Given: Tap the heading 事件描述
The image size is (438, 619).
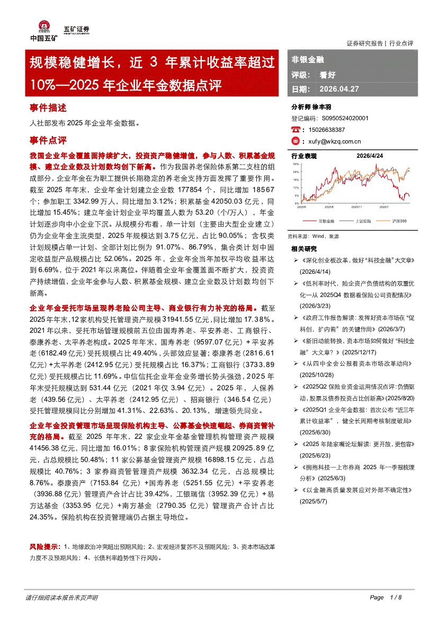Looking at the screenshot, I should [x=48, y=108].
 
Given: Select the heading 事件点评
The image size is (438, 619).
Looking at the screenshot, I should [x=48, y=141].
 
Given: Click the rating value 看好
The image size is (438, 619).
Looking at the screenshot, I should [x=327, y=75].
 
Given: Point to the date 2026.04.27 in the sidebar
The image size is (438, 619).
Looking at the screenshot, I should [x=339, y=89].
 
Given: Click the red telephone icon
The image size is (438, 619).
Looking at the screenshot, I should [x=296, y=129].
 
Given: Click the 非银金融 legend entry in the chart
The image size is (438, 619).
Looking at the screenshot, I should [x=326, y=220].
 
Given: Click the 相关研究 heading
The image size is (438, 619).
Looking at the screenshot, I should [x=304, y=249].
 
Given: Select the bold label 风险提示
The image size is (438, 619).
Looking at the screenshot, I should [x=45, y=546].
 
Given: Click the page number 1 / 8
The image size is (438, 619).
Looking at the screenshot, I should [x=396, y=597].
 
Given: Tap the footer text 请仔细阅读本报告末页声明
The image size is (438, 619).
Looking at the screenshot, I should [x=61, y=597].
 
